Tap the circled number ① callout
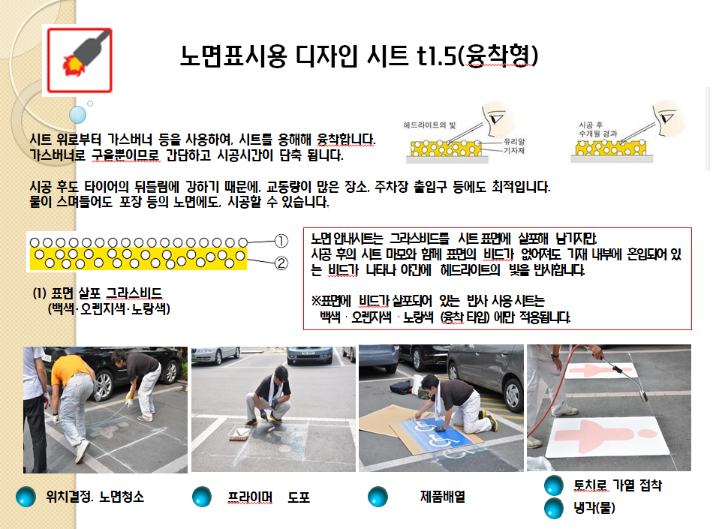(x=281, y=241)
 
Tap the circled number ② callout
(x=281, y=263)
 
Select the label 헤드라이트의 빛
(x=429, y=125)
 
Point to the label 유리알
(x=514, y=141)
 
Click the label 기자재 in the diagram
(x=514, y=150)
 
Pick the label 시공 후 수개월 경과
(x=597, y=129)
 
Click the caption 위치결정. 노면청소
(x=95, y=497)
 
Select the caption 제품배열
(x=443, y=497)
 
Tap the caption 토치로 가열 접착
(x=618, y=485)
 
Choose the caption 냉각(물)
(x=594, y=507)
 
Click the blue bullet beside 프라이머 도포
(x=202, y=497)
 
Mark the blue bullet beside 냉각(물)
(x=554, y=508)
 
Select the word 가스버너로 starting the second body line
(x=58, y=155)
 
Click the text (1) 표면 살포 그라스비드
(x=98, y=293)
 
